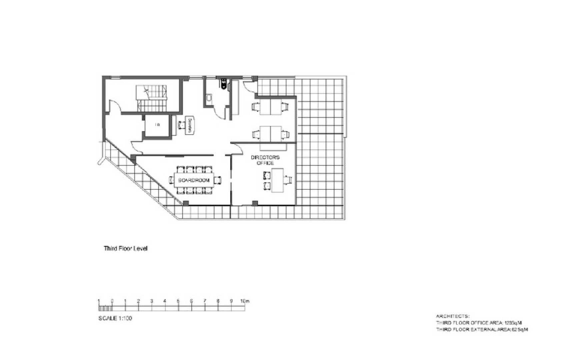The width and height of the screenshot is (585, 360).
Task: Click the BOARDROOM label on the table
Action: tap(194, 180)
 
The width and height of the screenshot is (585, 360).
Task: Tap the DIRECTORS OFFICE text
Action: tap(265, 160)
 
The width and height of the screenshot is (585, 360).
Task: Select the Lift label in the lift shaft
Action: tap(158, 125)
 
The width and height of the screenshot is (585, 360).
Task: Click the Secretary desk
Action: tap(191, 125)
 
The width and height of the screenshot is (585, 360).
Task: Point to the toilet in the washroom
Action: tap(224, 84)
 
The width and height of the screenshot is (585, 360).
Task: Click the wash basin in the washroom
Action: tap(209, 98)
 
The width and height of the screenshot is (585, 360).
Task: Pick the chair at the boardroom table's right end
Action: tap(217, 180)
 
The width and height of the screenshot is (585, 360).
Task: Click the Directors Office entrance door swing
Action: tap(237, 148)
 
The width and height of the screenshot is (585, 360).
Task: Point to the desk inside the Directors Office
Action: tap(277, 180)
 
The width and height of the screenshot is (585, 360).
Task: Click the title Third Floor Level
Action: tap(126, 249)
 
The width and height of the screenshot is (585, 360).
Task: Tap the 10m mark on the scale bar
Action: tap(245, 301)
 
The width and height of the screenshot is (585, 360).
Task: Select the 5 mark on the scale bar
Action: tap(178, 301)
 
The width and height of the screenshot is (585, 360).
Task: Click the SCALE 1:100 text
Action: tap(115, 318)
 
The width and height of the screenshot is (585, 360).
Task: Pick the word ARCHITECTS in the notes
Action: tap(453, 316)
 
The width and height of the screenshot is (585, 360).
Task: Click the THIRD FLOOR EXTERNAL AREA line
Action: tap(482, 330)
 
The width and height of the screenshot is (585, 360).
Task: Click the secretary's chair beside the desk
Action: tap(182, 125)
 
